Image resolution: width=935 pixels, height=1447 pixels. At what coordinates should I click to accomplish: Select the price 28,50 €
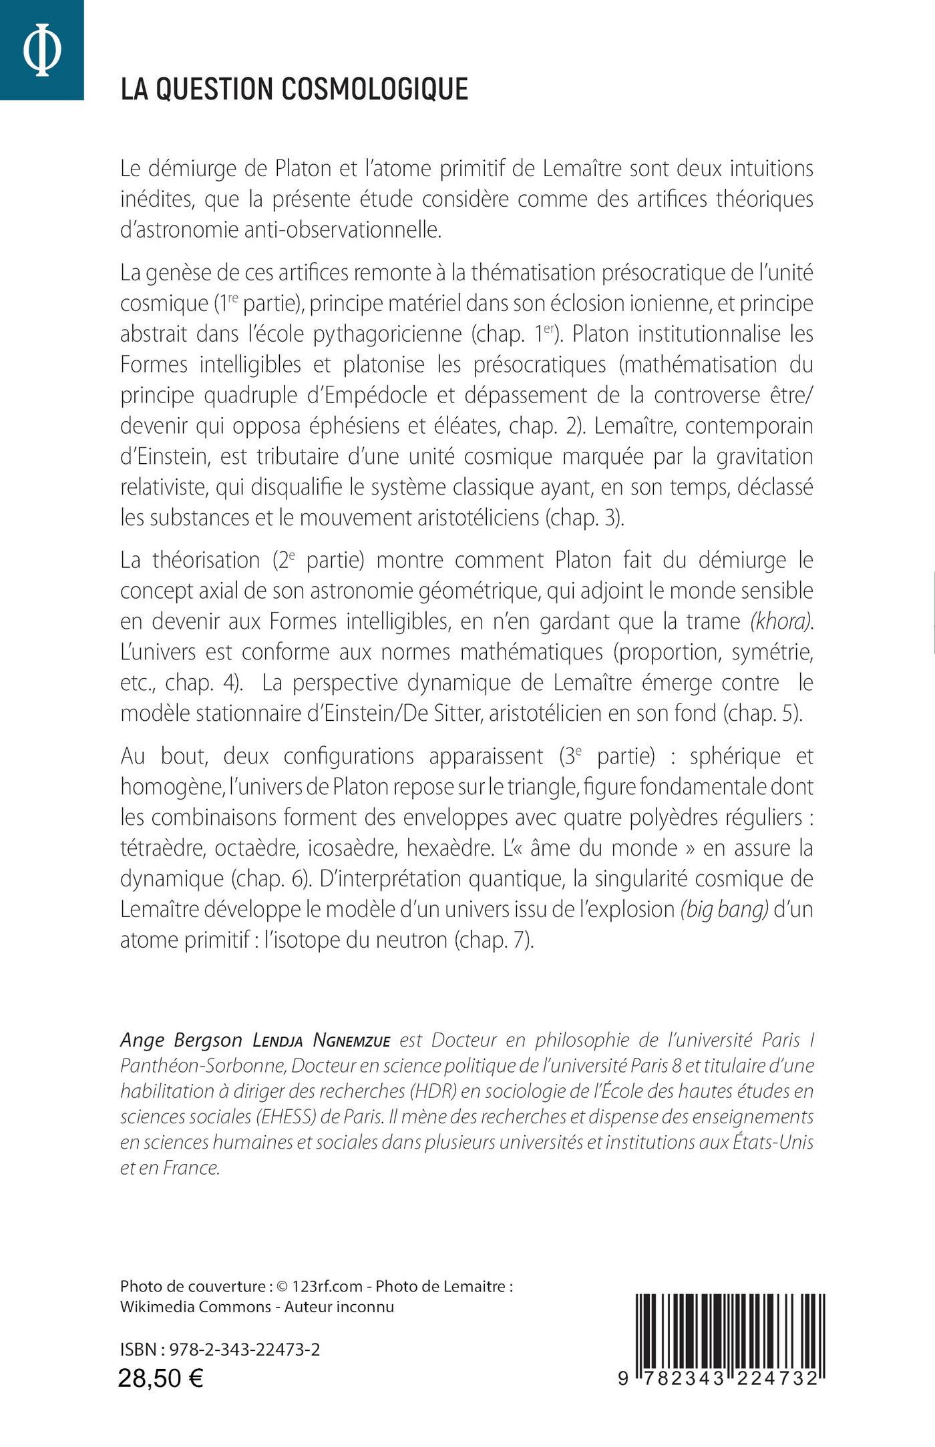coord(161,1378)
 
